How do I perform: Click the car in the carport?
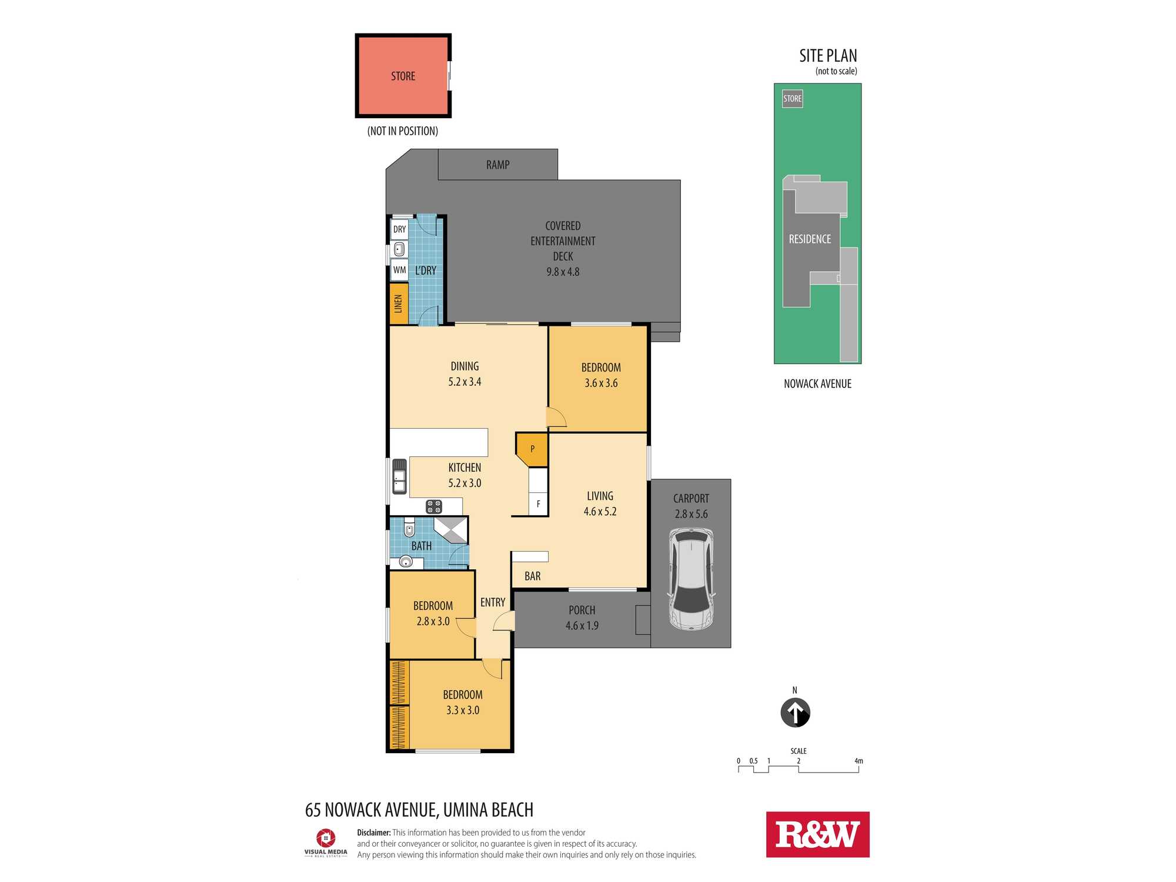coord(691,579)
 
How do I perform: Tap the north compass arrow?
coord(795,713)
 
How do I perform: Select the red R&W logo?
coord(817,834)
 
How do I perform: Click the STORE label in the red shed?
coord(403,76)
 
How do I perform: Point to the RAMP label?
coord(497,165)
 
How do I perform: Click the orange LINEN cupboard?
coord(399,304)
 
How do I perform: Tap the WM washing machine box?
coord(399,270)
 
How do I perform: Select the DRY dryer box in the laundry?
coord(399,229)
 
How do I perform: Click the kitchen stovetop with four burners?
coord(434,506)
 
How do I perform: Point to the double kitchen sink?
coord(399,476)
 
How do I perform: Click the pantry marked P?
coord(532,449)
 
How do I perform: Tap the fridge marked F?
coord(538,504)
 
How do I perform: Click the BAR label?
coord(532,576)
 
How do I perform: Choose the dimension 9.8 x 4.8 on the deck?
coord(563,272)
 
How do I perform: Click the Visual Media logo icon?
coord(326,838)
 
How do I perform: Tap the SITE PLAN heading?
coord(828,56)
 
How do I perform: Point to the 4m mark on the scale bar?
coord(858,761)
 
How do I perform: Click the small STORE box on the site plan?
coord(792,99)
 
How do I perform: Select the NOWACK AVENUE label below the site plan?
coord(817,384)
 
